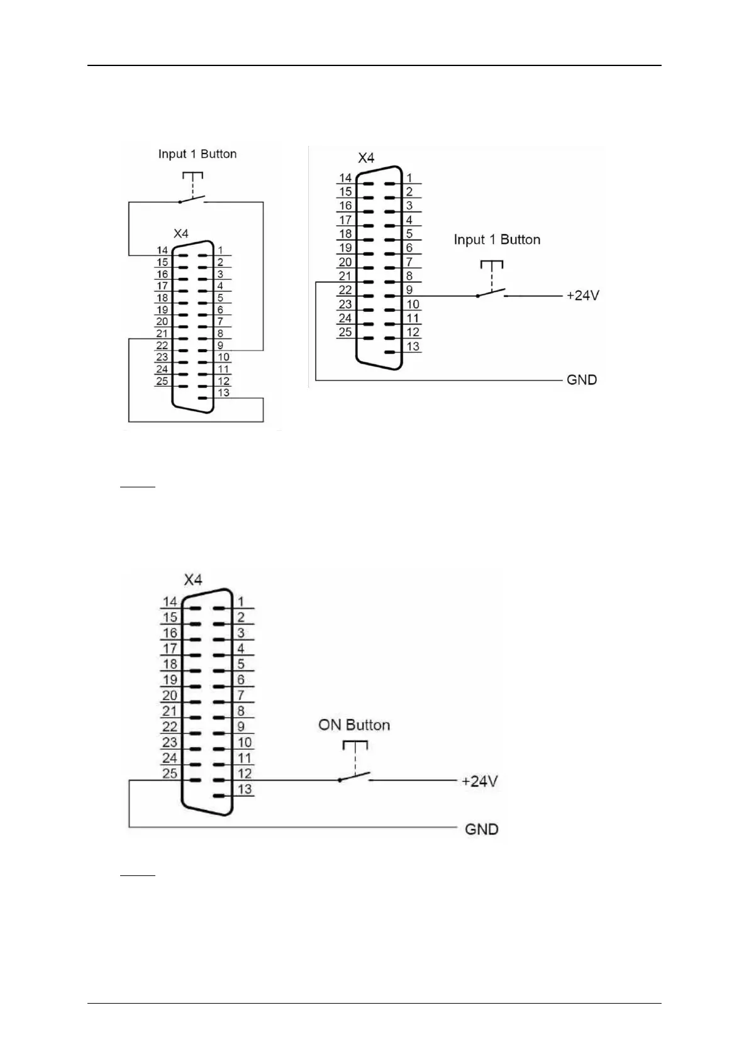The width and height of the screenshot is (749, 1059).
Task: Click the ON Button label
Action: click(x=354, y=725)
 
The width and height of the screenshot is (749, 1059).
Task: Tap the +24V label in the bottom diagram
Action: click(x=480, y=781)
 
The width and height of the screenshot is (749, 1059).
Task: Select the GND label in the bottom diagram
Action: click(x=481, y=829)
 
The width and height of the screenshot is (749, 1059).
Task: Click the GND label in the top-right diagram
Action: click(x=582, y=380)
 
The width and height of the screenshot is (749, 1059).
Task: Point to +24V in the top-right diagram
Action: click(x=583, y=295)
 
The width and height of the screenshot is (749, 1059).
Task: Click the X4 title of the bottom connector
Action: click(x=193, y=580)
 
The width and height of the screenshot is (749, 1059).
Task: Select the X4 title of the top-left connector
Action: click(x=181, y=233)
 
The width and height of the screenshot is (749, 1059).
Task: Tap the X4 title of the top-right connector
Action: click(x=366, y=158)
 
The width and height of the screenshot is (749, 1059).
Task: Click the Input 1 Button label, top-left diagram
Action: click(x=197, y=154)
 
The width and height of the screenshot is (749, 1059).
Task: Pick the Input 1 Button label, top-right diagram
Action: click(x=497, y=240)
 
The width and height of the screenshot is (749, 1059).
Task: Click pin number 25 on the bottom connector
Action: click(x=170, y=773)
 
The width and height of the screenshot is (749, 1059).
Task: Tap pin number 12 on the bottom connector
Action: click(x=245, y=773)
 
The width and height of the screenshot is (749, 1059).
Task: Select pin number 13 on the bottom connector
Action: click(x=245, y=789)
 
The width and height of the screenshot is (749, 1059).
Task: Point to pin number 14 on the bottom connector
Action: click(x=170, y=602)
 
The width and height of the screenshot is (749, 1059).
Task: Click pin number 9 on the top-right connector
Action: click(x=409, y=290)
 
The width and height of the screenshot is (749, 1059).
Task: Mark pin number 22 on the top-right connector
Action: click(x=345, y=290)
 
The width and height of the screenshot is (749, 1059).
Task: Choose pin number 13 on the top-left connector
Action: click(x=224, y=392)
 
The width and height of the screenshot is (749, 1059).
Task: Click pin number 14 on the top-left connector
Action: click(x=162, y=250)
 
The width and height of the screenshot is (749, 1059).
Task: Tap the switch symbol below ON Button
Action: click(x=355, y=777)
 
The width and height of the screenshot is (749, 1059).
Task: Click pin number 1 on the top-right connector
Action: click(x=409, y=178)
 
